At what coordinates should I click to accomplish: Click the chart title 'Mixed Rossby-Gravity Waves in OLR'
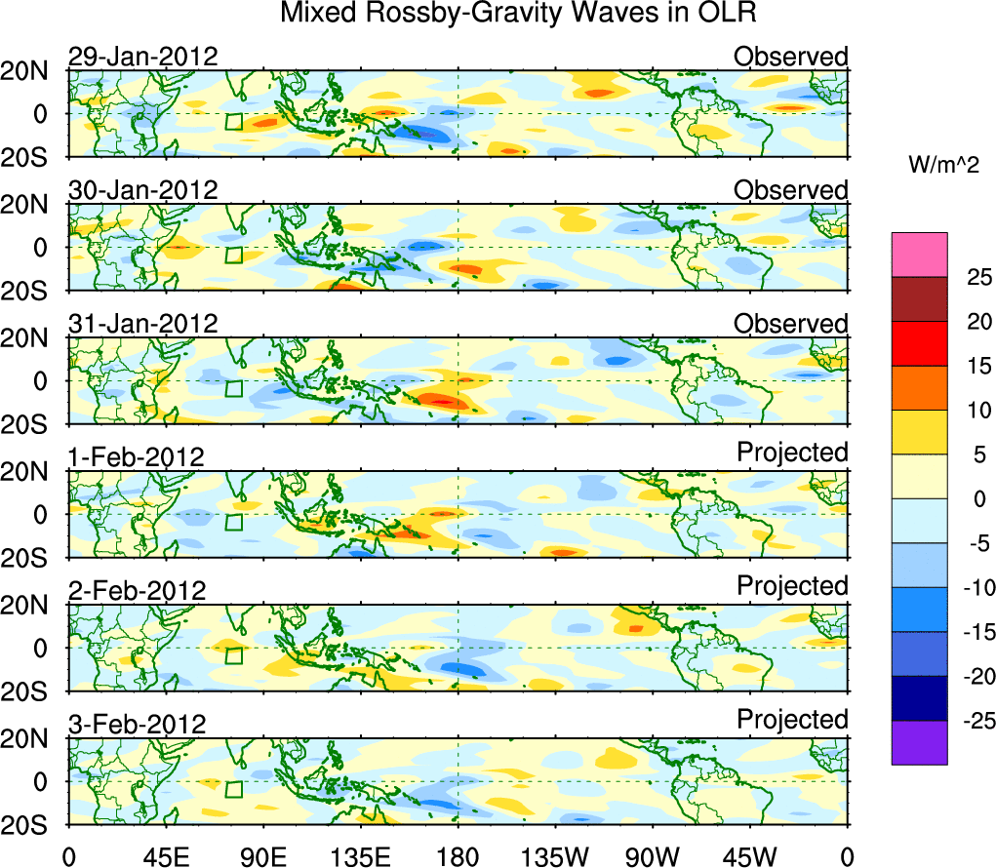pos(519,14)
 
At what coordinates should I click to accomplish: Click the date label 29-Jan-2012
pos(142,57)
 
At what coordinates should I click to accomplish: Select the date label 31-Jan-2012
pos(142,324)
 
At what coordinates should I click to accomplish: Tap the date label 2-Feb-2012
pos(137,591)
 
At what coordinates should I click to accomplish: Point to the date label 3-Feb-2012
pos(137,725)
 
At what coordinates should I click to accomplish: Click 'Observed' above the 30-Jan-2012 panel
pos(791,190)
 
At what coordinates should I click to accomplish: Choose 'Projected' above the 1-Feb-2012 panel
pos(792,453)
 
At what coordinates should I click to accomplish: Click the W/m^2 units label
pos(943,166)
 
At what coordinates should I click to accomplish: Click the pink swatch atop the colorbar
pos(919,255)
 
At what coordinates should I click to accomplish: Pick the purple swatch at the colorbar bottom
pos(919,742)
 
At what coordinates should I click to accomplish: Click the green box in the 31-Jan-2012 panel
pos(233,388)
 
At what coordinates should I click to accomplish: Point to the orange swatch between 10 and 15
pos(919,388)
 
